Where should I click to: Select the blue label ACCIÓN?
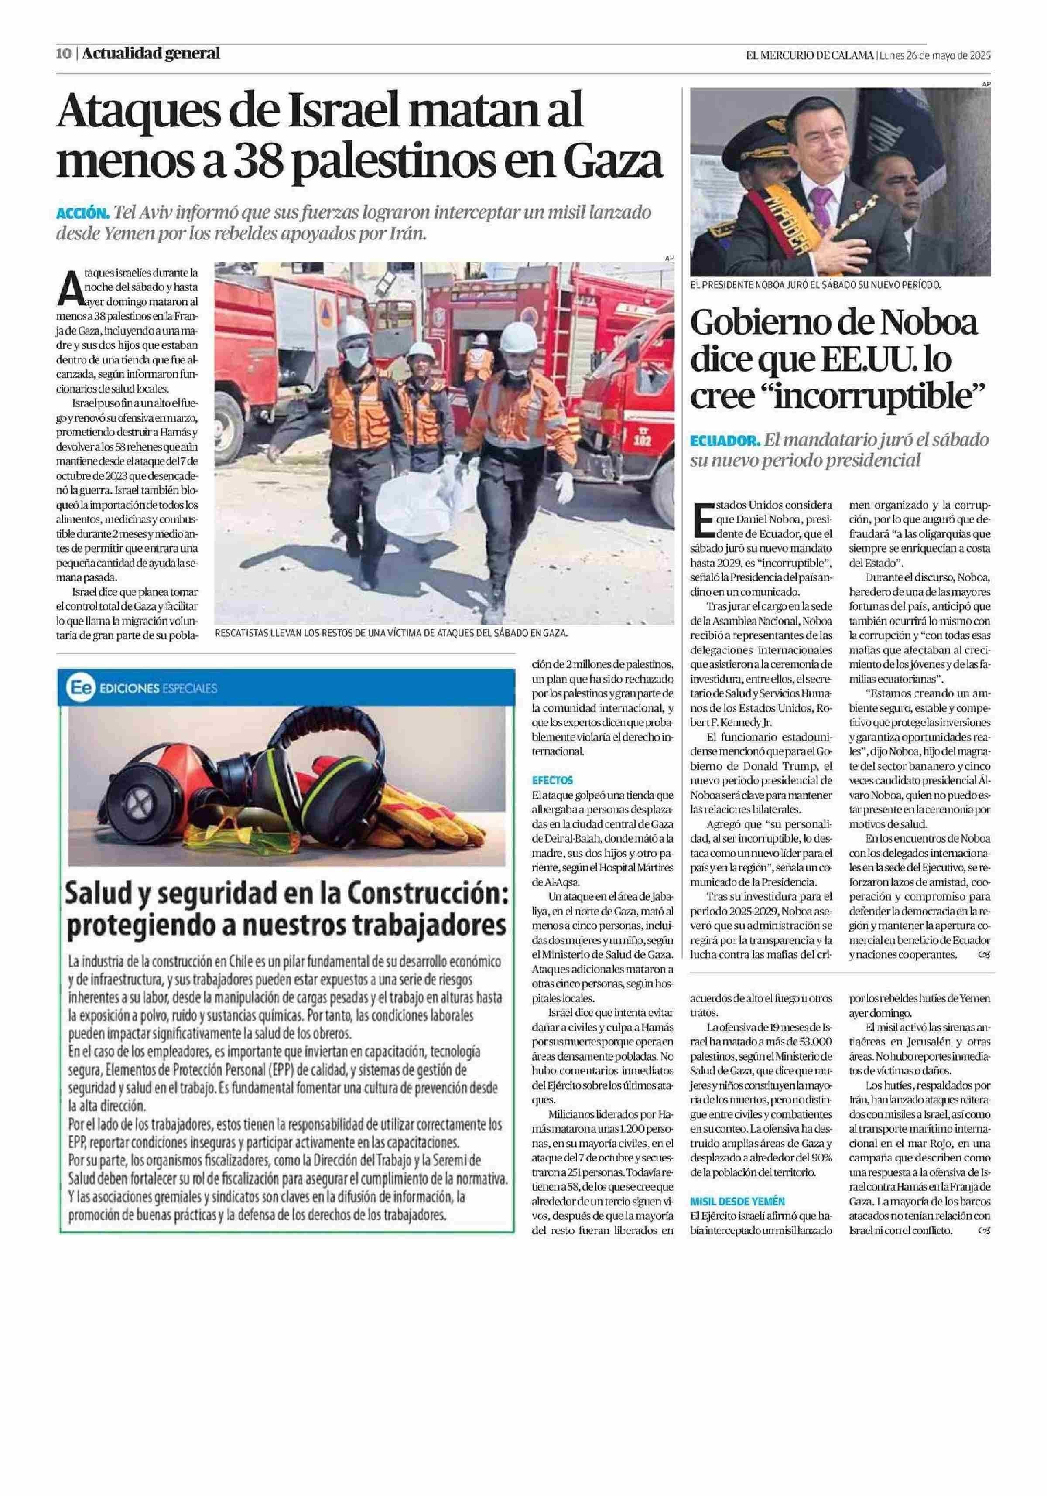82,213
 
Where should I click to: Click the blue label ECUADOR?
725,441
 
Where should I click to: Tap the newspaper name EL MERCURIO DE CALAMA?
809,55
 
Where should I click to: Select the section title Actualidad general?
151,53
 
